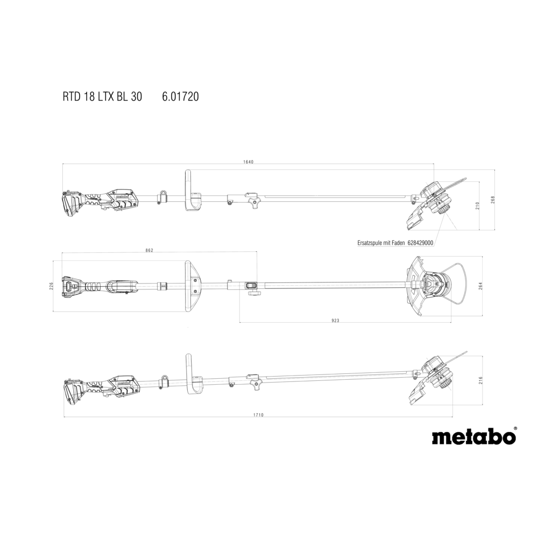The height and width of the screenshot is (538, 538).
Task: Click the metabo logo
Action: point(473,436)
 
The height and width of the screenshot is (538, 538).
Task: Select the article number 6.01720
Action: point(181,97)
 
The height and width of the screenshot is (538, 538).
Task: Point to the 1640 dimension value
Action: point(248,162)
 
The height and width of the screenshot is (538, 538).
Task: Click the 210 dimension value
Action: point(477,206)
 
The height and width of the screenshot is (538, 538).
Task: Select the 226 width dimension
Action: point(52,286)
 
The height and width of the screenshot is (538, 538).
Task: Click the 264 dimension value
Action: point(480,286)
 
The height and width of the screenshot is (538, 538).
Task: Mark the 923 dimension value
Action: point(335,321)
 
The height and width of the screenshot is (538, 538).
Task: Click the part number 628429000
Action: point(420,243)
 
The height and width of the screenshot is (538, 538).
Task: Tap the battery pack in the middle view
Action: point(71,286)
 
